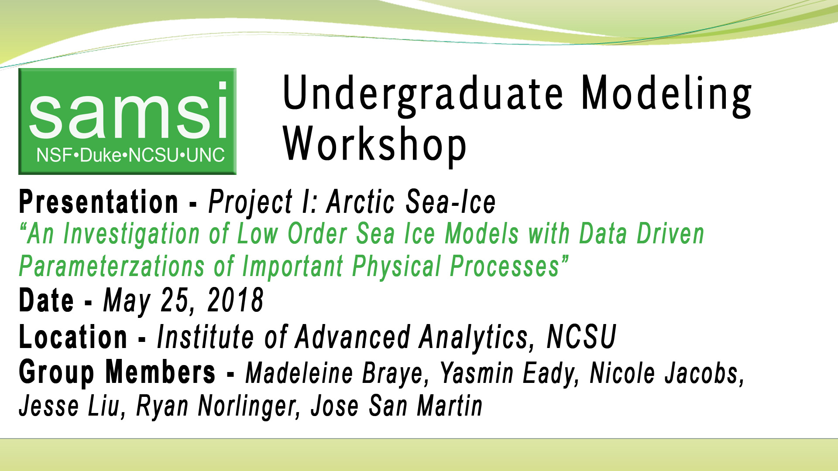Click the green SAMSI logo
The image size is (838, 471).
(127, 121)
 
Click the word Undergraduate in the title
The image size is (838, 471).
(423, 94)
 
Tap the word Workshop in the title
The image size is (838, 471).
(375, 144)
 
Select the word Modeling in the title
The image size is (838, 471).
(666, 94)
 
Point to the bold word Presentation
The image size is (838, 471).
(99, 202)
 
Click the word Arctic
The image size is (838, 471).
(361, 202)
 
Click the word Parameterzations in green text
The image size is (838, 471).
(112, 266)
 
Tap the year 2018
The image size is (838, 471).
(235, 300)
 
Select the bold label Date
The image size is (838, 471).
(46, 300)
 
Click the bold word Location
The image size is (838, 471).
(73, 337)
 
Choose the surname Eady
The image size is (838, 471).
(551, 373)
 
